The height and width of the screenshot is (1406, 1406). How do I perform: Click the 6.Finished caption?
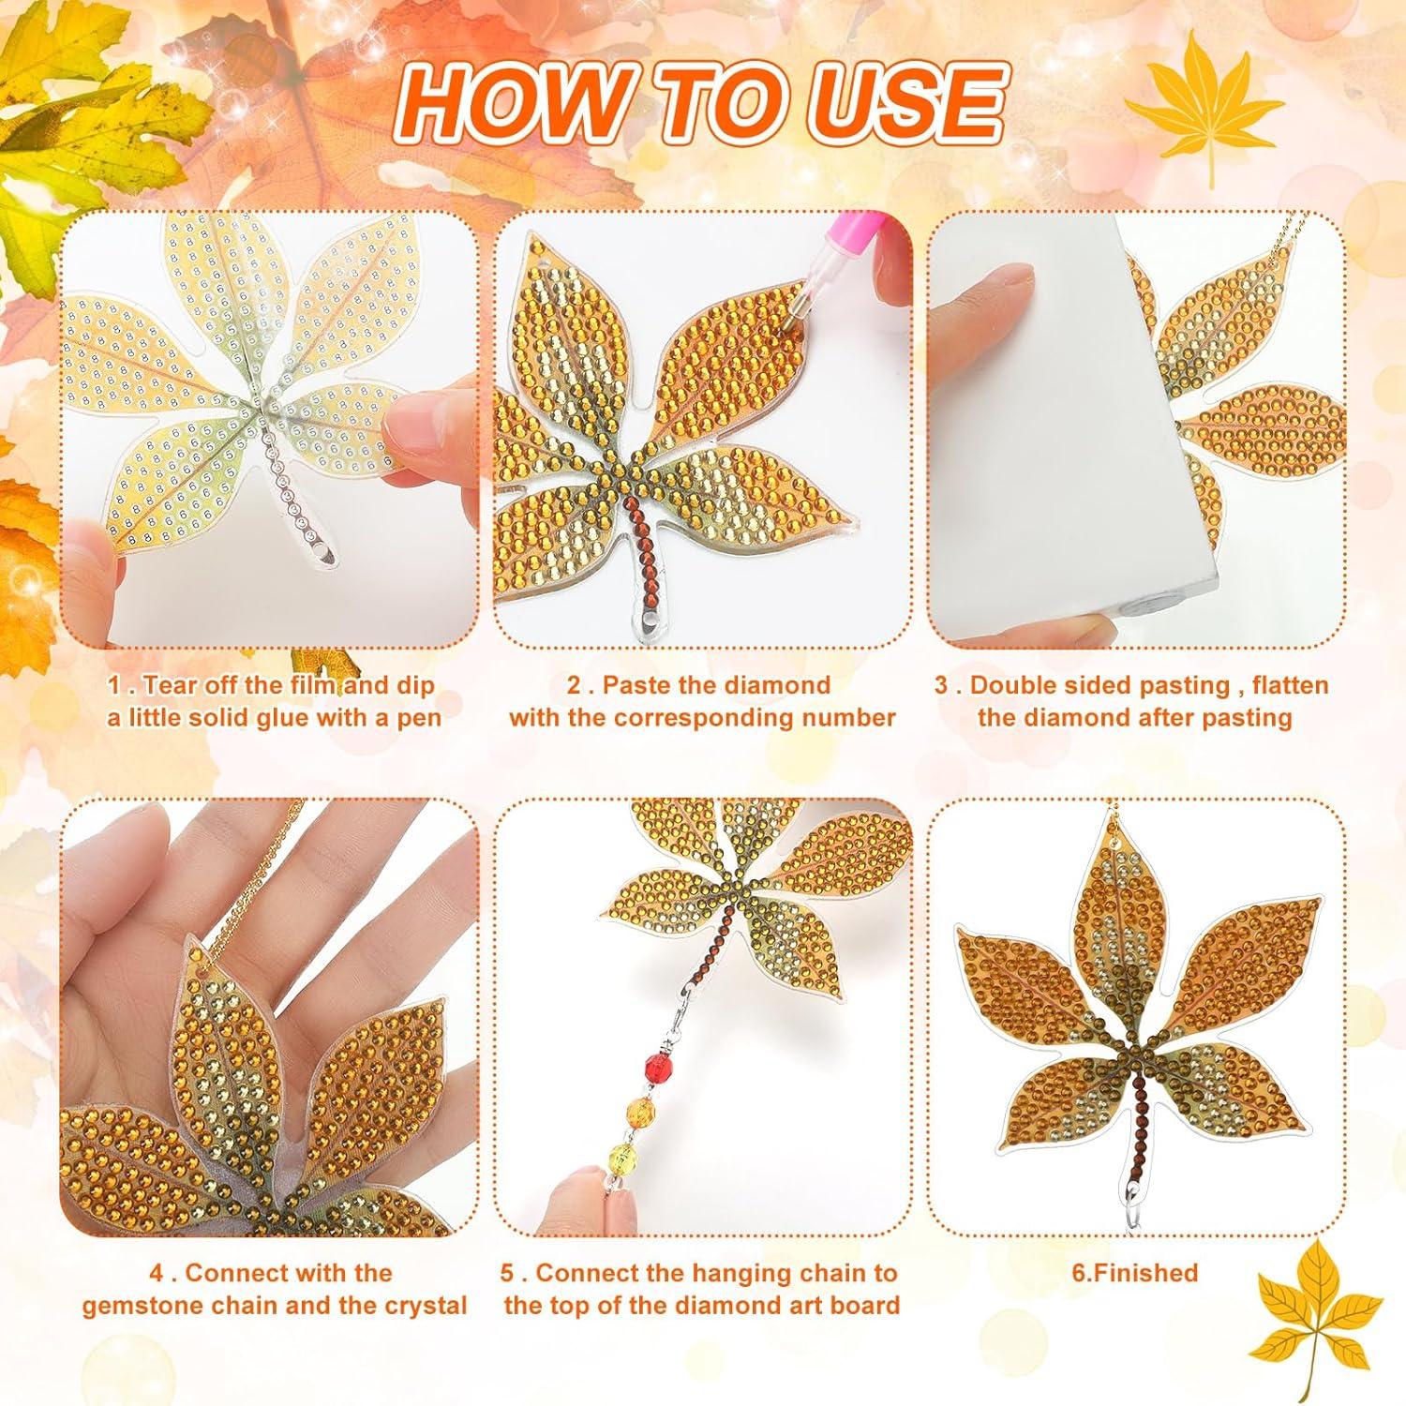click(1135, 1273)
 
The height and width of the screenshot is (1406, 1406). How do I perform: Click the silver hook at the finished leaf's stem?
click(1135, 1197)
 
